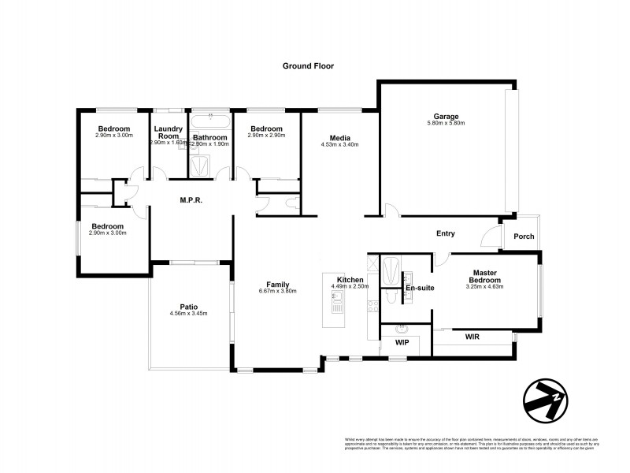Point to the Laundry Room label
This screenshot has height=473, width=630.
(x=169, y=132)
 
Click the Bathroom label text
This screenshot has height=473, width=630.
(x=210, y=137)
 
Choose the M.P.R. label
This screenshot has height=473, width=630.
(x=191, y=200)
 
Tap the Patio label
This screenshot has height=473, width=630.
(x=188, y=306)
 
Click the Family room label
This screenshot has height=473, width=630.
(x=277, y=284)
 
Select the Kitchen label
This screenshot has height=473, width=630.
(x=350, y=280)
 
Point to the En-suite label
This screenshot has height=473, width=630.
(x=420, y=288)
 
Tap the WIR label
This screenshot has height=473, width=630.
(x=472, y=337)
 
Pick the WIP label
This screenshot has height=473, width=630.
(x=401, y=343)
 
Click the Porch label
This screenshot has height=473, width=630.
(x=524, y=236)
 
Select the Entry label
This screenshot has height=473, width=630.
(x=446, y=233)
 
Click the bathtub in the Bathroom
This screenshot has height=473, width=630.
(x=210, y=120)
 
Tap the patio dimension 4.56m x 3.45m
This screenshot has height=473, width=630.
(x=188, y=313)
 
